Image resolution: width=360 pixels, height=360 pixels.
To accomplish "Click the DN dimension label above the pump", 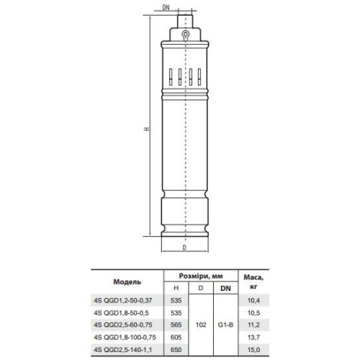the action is tap(166, 7).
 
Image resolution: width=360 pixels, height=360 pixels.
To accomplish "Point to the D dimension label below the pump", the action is tap(184, 248).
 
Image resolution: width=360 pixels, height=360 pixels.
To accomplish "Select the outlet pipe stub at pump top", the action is tap(185, 21).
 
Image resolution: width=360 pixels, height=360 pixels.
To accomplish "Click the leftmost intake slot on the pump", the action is tap(171, 77).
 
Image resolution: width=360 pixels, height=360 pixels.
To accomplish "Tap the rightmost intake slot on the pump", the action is tap(199, 77).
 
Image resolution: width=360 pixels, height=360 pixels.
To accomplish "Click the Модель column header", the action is tap(127, 282).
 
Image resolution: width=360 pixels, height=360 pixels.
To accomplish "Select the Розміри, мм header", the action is tap(201, 276).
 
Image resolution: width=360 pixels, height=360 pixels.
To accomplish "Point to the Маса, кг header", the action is tap(253, 282).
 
